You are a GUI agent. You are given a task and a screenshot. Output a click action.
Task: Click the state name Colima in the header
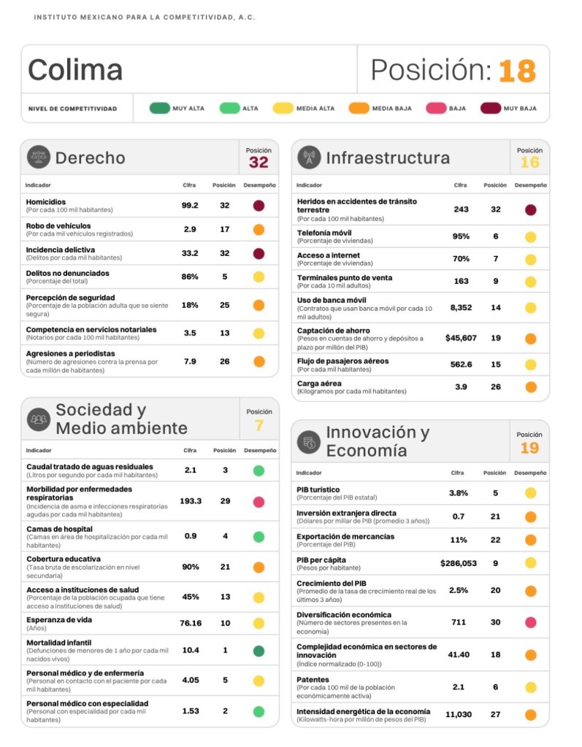(75, 70)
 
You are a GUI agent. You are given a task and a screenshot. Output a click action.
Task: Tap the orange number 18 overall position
(517, 71)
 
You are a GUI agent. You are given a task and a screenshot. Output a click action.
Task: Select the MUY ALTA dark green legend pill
(159, 109)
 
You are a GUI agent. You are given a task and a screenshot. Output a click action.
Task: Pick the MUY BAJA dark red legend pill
(491, 109)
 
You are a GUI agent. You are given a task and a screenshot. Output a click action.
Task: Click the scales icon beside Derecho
(39, 158)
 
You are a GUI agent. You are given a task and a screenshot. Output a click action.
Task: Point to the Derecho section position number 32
(259, 162)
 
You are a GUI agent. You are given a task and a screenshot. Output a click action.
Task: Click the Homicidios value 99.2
(190, 206)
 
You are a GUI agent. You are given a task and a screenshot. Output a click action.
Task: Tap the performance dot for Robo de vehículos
(259, 229)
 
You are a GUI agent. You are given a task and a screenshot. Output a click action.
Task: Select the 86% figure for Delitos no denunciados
(190, 276)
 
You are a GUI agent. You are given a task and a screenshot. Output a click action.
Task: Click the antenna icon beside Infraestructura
(310, 158)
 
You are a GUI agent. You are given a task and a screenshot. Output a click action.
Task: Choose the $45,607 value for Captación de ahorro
(461, 338)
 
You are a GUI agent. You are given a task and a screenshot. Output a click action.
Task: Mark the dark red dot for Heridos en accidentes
(530, 209)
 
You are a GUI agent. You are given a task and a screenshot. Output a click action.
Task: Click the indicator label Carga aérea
(320, 383)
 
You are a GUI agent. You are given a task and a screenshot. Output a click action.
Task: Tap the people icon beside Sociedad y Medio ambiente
(39, 419)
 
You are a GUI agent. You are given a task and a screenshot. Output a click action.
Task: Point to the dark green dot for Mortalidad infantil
(259, 650)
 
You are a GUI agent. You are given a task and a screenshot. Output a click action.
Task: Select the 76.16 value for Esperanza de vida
(191, 623)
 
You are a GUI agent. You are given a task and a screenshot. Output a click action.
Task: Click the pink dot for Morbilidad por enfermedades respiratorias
(259, 501)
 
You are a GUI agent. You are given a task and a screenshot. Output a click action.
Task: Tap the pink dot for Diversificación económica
(530, 622)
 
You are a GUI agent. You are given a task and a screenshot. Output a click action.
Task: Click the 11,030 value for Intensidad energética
(459, 715)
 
